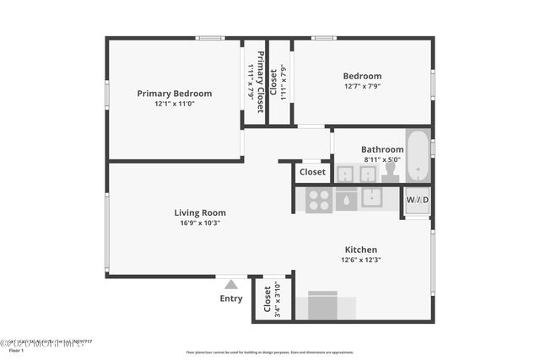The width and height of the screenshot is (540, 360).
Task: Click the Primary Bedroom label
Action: (x=175, y=94)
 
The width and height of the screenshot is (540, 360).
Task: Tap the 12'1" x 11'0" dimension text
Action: (x=175, y=105)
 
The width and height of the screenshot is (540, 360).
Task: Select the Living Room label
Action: (x=200, y=212)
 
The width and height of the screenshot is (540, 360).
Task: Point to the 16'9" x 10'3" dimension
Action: (x=200, y=223)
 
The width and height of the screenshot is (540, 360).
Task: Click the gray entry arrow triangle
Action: (x=231, y=285)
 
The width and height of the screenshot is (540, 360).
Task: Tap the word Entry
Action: (x=231, y=298)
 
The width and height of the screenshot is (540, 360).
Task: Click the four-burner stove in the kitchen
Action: (x=319, y=200)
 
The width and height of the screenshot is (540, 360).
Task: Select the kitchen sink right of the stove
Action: (x=372, y=198)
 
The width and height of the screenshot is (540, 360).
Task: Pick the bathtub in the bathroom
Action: (x=418, y=156)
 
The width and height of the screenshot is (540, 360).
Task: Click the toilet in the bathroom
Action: (x=390, y=172)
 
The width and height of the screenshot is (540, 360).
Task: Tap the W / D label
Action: (x=418, y=200)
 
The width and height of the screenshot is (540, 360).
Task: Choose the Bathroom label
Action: (x=382, y=149)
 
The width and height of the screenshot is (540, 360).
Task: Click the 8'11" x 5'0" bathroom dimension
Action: (x=382, y=159)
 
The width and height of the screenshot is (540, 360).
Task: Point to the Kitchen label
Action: (x=360, y=250)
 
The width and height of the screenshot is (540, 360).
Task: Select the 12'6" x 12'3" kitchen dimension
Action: (x=360, y=261)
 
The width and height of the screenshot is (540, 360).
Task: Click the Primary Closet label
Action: (x=262, y=83)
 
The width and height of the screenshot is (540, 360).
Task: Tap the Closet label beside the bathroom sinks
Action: (x=312, y=172)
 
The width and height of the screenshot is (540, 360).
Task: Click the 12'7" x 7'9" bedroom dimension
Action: (x=362, y=87)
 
